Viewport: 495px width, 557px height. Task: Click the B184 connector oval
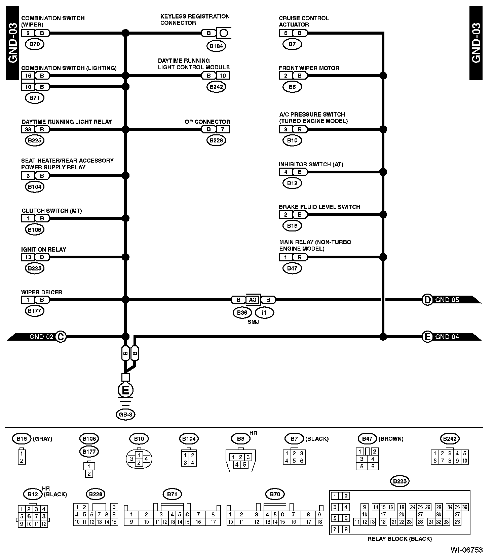pyautogui.click(x=216, y=46)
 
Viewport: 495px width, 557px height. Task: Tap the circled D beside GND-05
pyautogui.click(x=427, y=300)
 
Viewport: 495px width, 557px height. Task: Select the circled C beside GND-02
pyautogui.click(x=61, y=337)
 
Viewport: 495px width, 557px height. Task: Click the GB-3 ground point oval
pyautogui.click(x=125, y=415)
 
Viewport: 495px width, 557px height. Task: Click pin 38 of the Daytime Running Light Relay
pyautogui.click(x=28, y=129)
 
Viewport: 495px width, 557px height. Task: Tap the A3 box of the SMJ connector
pyautogui.click(x=253, y=300)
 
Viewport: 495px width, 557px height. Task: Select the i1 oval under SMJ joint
pyautogui.click(x=264, y=313)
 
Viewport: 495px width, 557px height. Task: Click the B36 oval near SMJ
pyautogui.click(x=242, y=313)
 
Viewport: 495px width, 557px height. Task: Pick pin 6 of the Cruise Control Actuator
pyautogui.click(x=285, y=33)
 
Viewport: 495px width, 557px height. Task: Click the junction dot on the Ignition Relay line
pyautogui.click(x=125, y=257)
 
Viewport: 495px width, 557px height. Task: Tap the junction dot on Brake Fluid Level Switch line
pyautogui.click(x=383, y=215)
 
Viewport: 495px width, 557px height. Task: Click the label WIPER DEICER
pyautogui.click(x=42, y=292)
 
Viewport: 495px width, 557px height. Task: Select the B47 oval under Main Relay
pyautogui.click(x=292, y=268)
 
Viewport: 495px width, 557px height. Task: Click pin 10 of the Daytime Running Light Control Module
pyautogui.click(x=223, y=76)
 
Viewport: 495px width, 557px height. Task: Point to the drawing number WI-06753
pyautogui.click(x=466, y=550)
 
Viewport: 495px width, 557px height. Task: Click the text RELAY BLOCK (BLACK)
pyautogui.click(x=399, y=539)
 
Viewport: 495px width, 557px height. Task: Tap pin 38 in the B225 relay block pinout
pyautogui.click(x=457, y=522)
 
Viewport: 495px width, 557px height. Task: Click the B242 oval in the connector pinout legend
pyautogui.click(x=450, y=438)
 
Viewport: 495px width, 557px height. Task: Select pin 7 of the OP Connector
pyautogui.click(x=223, y=129)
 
